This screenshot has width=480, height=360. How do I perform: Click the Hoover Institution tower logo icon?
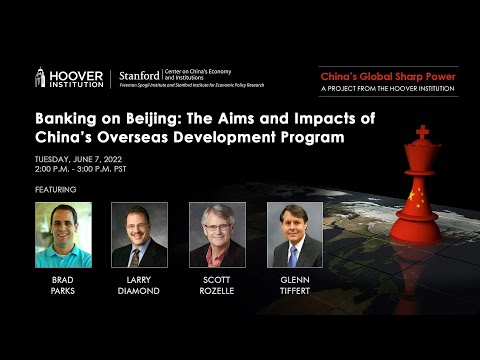42,78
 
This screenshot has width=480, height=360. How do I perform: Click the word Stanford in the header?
138,75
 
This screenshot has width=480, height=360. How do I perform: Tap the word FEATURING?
56,188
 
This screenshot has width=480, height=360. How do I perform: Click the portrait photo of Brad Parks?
62,234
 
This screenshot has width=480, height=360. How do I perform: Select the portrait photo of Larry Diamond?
139,234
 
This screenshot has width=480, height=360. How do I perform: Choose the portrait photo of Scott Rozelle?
217,234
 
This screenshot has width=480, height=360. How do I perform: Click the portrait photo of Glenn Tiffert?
294,234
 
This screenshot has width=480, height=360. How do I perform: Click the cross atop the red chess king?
422,132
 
